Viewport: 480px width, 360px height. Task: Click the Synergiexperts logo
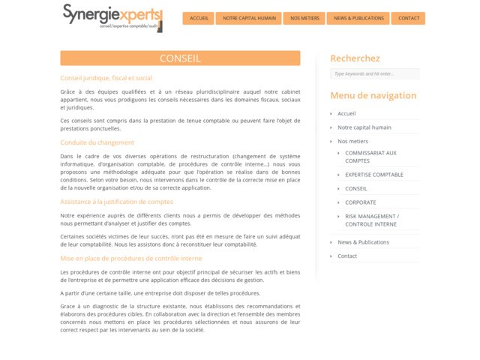[112, 17]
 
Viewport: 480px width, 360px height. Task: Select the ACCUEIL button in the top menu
[199, 18]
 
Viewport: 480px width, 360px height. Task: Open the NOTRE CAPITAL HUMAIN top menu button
[249, 18]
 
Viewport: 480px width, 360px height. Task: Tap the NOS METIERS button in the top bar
[304, 18]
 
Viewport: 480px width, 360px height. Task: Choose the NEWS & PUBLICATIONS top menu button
[358, 18]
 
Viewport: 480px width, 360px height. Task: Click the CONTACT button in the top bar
[409, 18]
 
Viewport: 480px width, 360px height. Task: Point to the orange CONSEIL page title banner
[180, 58]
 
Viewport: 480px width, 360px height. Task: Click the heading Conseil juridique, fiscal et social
[106, 78]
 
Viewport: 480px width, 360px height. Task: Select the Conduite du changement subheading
[97, 142]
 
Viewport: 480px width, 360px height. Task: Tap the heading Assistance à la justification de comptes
[116, 202]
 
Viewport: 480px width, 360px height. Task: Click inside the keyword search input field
[374, 74]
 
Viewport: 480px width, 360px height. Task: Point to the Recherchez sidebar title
[355, 58]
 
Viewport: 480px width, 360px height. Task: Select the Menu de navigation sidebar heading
[373, 95]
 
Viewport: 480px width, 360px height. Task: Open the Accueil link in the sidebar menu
[346, 114]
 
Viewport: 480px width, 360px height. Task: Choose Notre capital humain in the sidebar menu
[364, 127]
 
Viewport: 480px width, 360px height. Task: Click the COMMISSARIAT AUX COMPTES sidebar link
[370, 157]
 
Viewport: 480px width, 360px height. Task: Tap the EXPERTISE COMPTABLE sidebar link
[373, 175]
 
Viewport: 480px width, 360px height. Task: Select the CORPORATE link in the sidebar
[360, 202]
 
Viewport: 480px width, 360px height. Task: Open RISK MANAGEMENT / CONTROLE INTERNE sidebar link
[371, 220]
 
